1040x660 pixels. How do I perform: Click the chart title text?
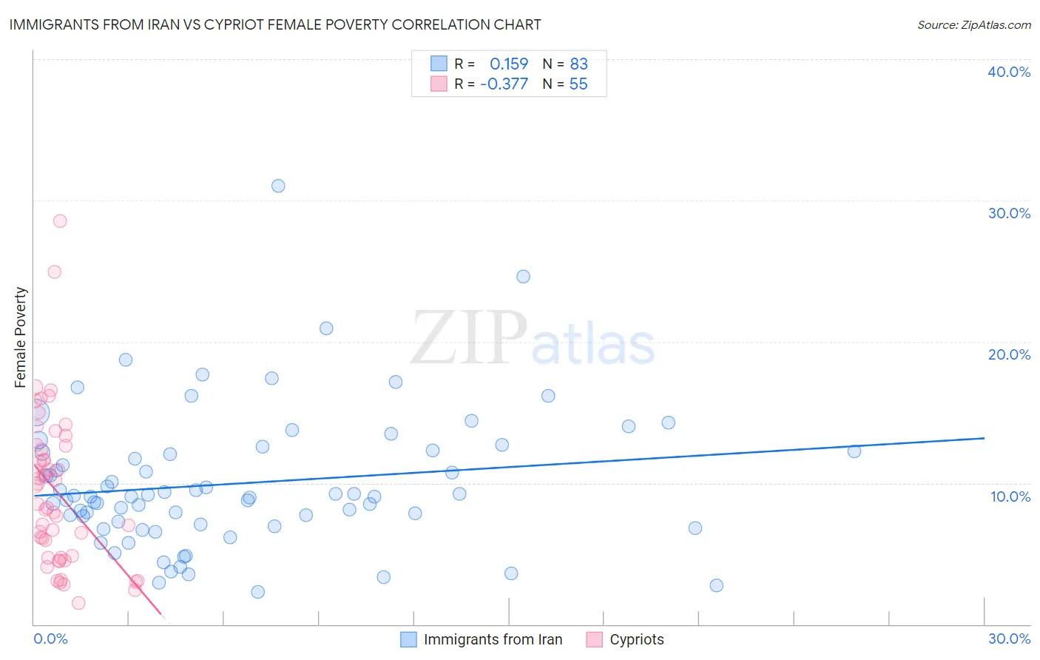tap(275, 24)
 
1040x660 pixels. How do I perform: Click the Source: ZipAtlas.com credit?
tap(973, 25)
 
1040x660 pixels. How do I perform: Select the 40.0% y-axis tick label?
tap(1008, 72)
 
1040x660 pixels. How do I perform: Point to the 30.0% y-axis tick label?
tap(1008, 213)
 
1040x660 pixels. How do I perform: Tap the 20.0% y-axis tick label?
tap(1008, 354)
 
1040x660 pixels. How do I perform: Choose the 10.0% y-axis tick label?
tap(1010, 496)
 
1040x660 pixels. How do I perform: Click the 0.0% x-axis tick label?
tap(50, 639)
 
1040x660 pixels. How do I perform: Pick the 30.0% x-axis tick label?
tap(1009, 639)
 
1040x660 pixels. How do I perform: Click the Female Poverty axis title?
tap(21, 337)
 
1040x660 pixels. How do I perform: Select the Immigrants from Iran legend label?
tap(493, 639)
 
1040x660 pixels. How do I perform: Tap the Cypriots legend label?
tap(636, 639)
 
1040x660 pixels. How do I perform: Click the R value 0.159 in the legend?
tap(509, 64)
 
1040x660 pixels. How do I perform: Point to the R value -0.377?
tap(504, 84)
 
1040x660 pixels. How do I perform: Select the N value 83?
tap(578, 64)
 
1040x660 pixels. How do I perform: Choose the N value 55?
tap(578, 84)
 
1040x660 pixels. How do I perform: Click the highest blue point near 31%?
tap(278, 186)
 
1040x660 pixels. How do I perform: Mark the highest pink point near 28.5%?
tap(60, 221)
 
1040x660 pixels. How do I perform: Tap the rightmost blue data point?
tap(854, 451)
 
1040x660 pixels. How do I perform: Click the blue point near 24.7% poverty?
tap(523, 277)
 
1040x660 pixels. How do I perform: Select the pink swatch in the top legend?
tap(439, 84)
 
